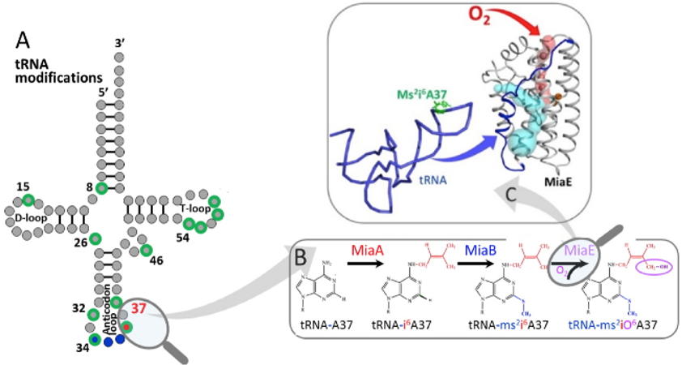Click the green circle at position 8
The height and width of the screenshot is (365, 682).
[x=101, y=189]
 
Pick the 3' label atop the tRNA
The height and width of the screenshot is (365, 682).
[x=121, y=42]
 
